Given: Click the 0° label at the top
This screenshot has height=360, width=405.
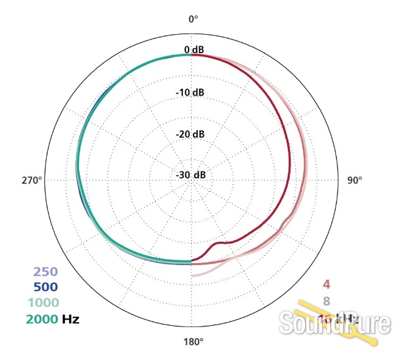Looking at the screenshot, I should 193,19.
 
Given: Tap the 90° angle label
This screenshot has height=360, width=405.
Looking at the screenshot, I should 355,180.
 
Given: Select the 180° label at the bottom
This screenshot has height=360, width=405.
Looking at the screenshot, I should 193,342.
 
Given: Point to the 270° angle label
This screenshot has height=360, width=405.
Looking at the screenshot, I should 31,180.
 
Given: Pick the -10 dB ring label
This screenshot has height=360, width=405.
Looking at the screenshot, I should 189,92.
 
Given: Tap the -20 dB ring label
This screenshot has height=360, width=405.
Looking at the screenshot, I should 189,134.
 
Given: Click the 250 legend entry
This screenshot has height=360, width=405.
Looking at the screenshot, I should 46,273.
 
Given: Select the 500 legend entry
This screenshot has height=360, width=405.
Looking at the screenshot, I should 46,287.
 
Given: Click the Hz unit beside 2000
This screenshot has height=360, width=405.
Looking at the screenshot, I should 71,318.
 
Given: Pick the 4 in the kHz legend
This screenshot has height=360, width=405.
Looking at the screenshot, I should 327,285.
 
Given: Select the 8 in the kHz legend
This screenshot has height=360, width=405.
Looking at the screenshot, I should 327,301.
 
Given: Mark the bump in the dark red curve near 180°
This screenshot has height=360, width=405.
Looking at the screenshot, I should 220,243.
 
